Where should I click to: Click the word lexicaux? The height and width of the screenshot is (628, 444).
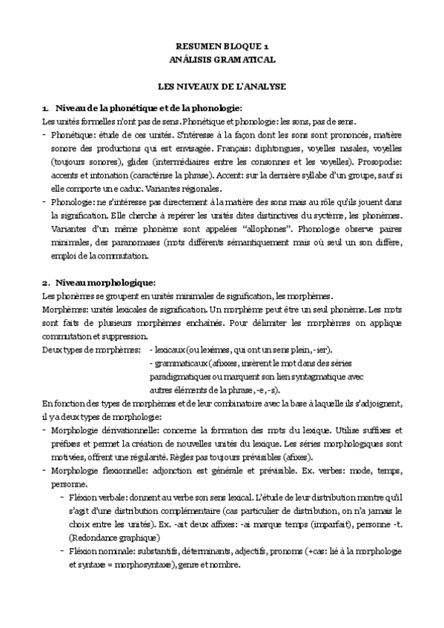[x=173, y=328]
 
